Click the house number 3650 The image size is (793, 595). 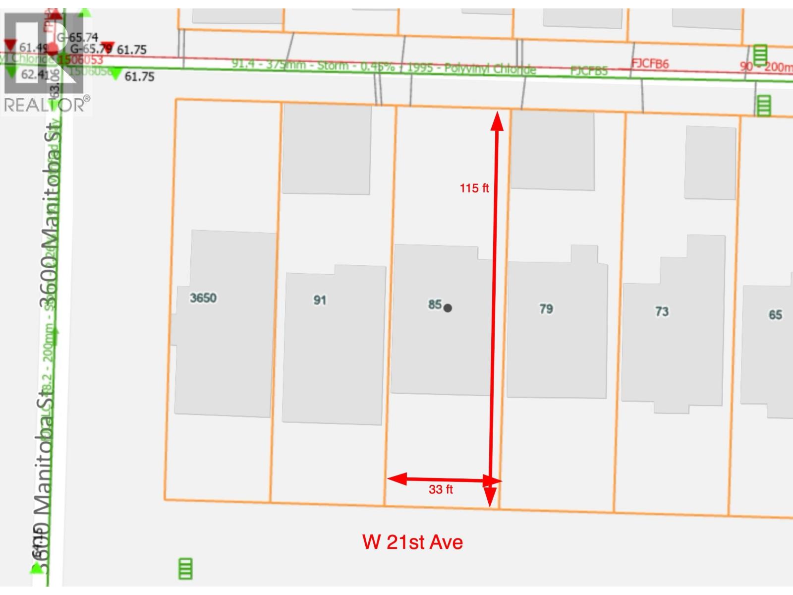(203, 298)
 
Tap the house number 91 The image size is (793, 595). (320, 300)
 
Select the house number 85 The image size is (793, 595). (435, 304)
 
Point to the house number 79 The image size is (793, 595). (546, 309)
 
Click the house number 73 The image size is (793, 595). (662, 311)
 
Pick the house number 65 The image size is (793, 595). (775, 315)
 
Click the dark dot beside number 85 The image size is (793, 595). (448, 308)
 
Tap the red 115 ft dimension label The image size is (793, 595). (474, 188)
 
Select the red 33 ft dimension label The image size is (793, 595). (441, 490)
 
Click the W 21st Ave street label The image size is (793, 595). (412, 542)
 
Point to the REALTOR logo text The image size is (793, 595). (45, 105)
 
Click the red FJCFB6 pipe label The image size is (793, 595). (650, 64)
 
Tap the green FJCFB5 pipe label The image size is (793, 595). (589, 71)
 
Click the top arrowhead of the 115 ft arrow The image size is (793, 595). (497, 121)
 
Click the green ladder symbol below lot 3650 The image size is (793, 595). (185, 568)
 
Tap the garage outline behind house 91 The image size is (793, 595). (327, 149)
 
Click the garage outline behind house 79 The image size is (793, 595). (553, 150)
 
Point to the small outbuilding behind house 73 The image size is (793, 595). (710, 163)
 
